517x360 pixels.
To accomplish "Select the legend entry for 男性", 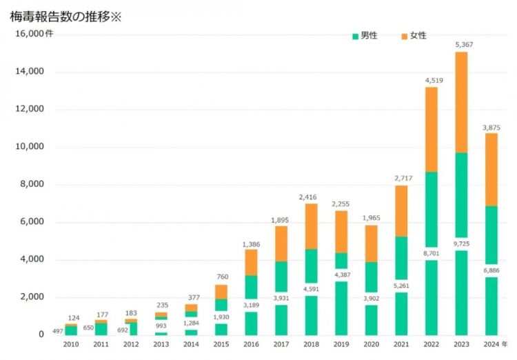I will coord(365,36).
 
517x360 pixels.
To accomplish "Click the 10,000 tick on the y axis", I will coord(28,147).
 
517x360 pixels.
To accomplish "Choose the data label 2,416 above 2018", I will coord(312,197).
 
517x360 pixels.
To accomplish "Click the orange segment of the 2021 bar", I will coord(401,211).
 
